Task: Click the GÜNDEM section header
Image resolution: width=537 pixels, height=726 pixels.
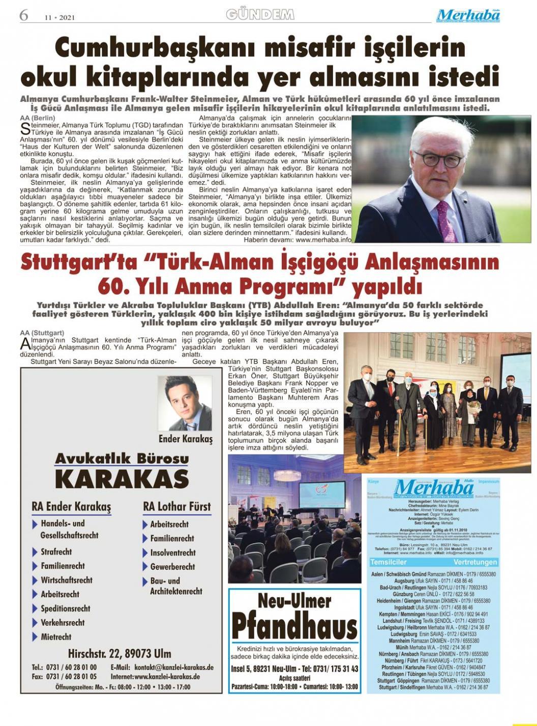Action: point(260,15)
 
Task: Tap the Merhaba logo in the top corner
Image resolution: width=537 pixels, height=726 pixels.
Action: point(468,16)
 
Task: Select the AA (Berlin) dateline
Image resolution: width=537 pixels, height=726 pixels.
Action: point(38,118)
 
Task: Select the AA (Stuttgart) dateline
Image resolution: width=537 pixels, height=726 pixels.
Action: point(42,332)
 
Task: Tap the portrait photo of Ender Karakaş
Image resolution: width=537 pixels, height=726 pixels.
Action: point(185,403)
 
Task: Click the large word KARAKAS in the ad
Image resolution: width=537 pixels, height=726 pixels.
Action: point(122,479)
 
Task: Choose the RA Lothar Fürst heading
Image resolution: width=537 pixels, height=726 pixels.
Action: point(176,507)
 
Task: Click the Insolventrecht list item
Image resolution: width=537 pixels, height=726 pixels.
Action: point(172,552)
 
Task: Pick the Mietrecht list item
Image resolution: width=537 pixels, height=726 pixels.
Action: point(56,636)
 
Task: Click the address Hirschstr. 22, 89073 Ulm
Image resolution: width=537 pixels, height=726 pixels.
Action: point(120,653)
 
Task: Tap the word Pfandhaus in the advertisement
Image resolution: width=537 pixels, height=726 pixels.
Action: point(294,626)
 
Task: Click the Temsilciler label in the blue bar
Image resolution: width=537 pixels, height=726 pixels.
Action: point(389,562)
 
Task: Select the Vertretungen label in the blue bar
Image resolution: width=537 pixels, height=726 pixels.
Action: point(475,562)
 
